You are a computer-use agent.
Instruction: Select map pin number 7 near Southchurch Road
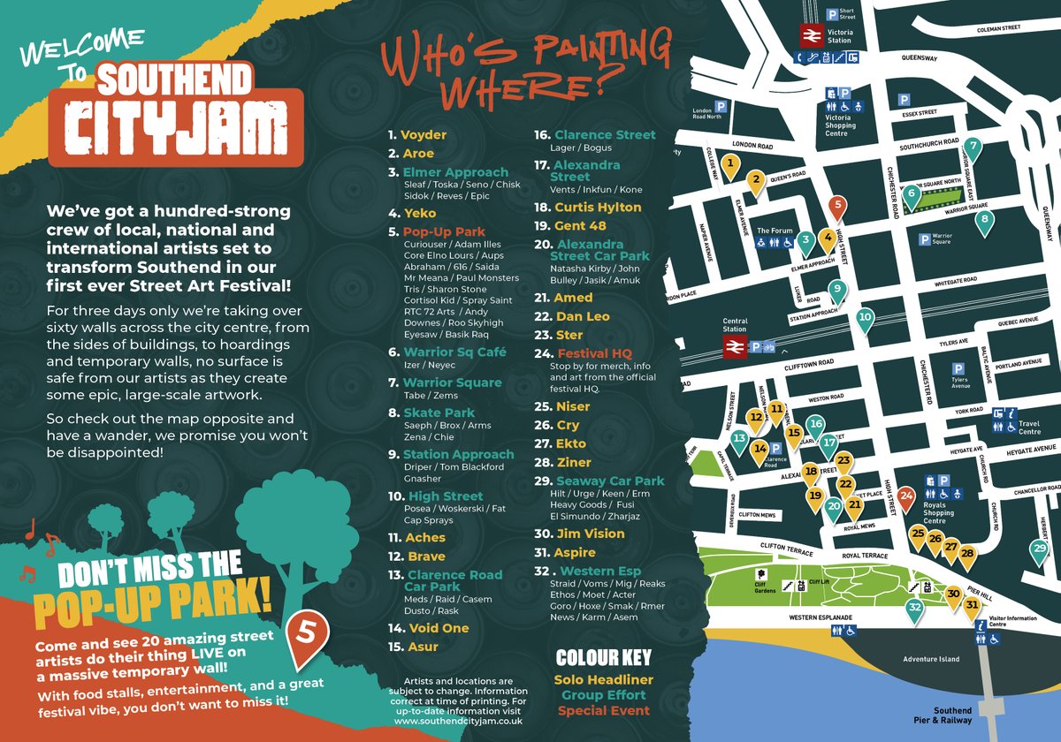pos(973,148)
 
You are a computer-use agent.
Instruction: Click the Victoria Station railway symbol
pos(811,35)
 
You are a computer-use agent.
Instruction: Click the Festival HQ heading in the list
pos(595,353)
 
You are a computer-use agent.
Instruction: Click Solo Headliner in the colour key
pos(603,679)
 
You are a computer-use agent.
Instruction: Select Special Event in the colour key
pos(603,710)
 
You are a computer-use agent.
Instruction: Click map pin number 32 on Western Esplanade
pos(914,607)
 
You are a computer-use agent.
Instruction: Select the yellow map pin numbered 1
pos(730,163)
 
